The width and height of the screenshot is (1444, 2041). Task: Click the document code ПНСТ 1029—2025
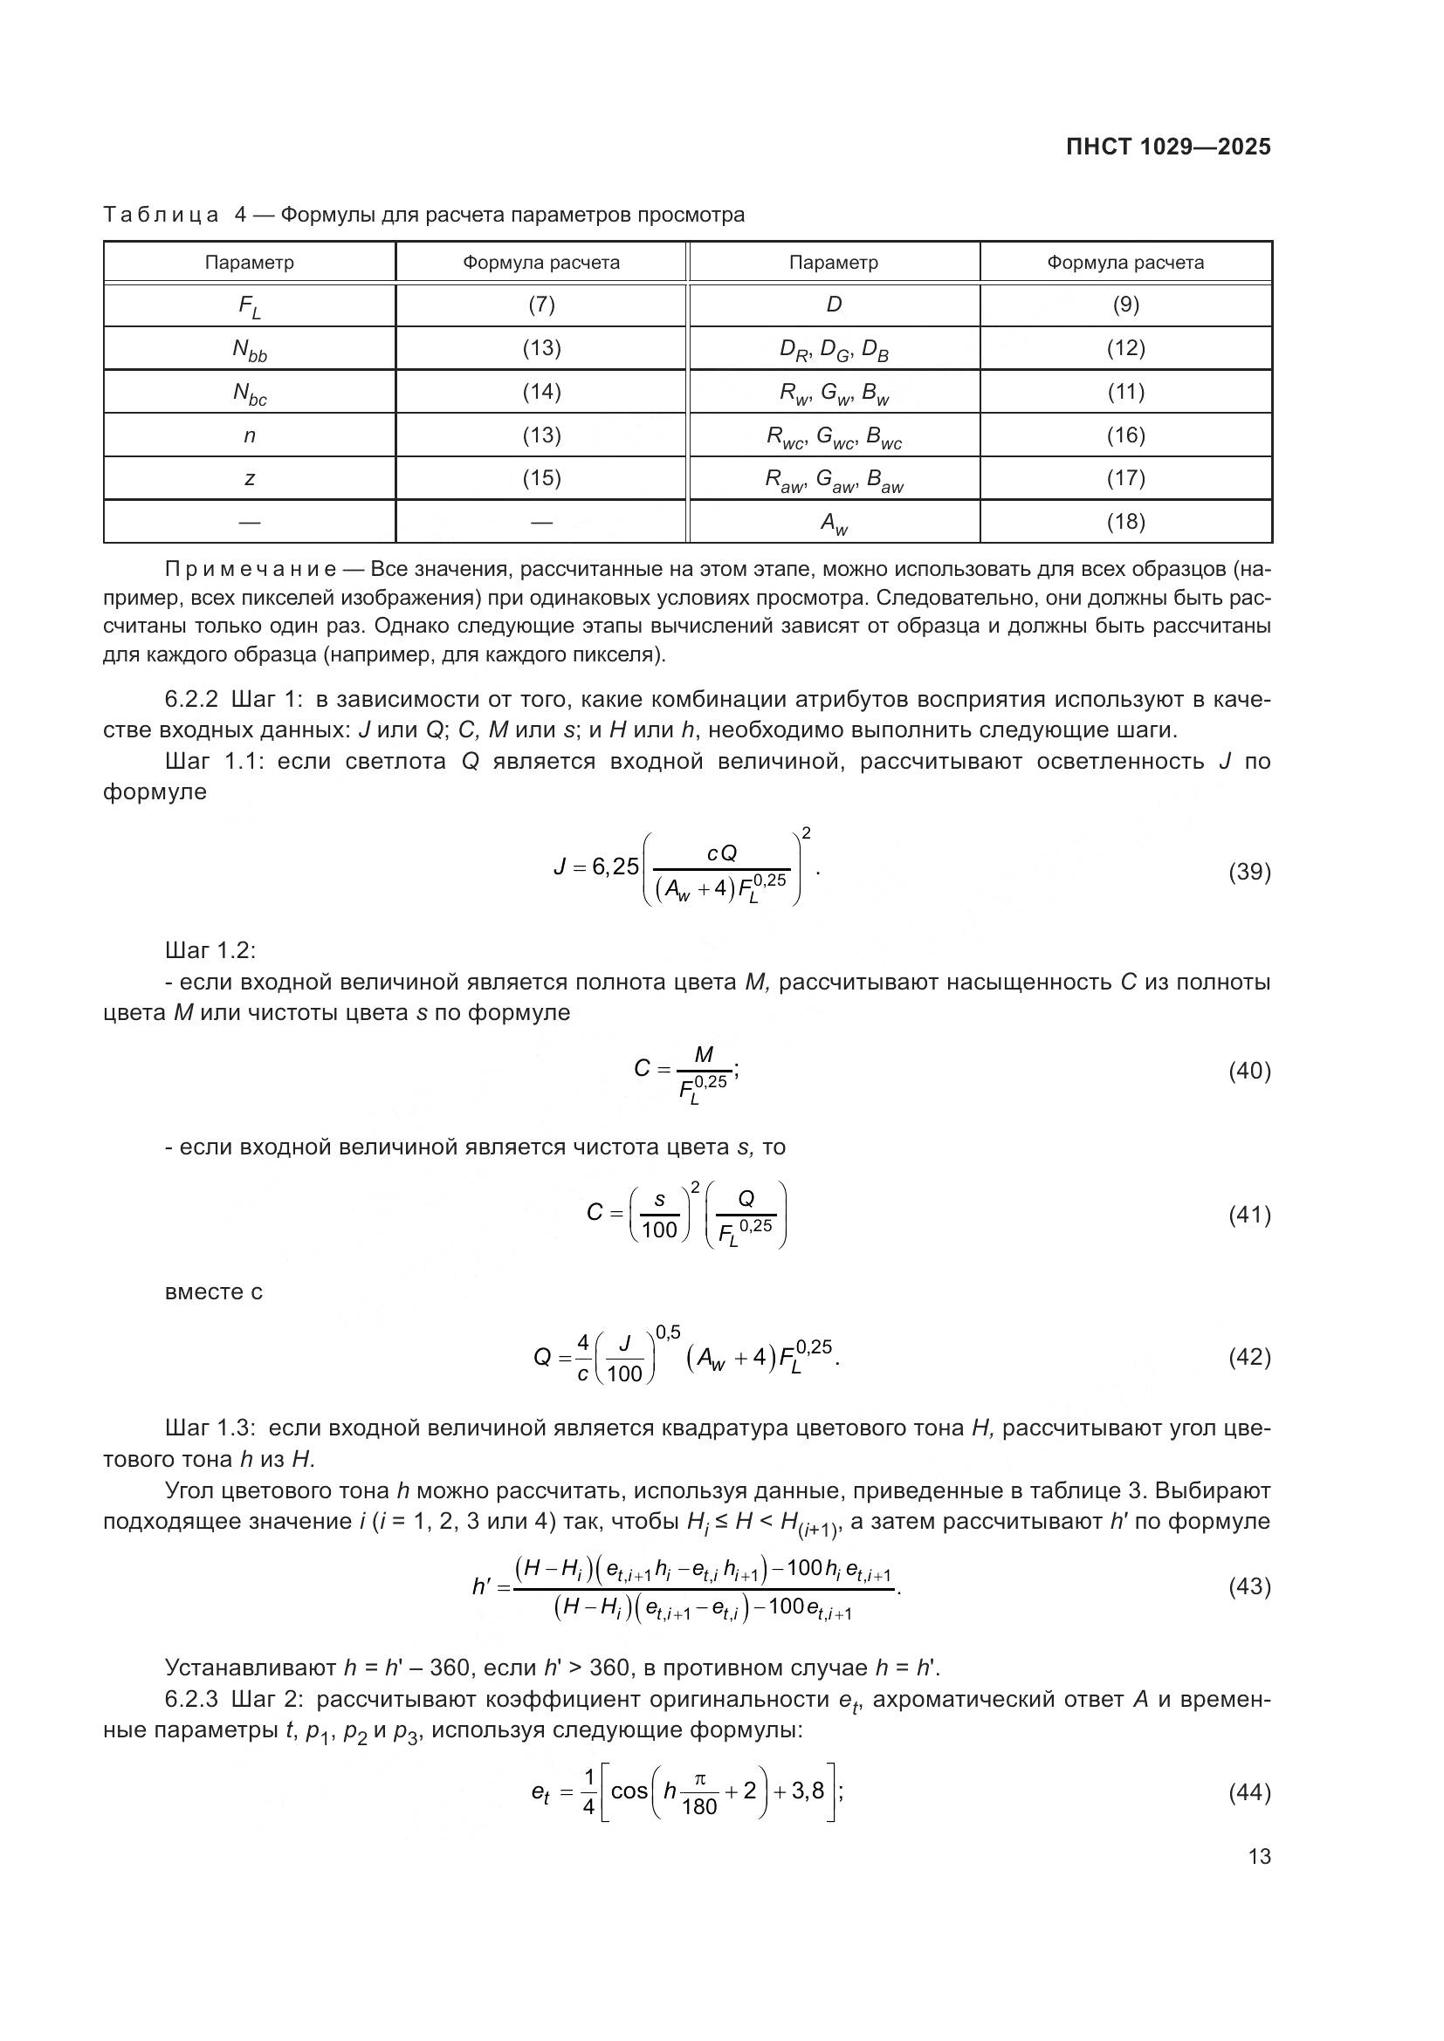pyautogui.click(x=1167, y=147)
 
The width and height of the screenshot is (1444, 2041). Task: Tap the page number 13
pyautogui.click(x=1259, y=1856)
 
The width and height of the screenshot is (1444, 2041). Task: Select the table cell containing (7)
pyautogui.click(x=540, y=305)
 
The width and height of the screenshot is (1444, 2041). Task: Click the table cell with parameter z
pyautogui.click(x=250, y=478)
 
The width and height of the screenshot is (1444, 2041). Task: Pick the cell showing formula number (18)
pyautogui.click(x=1124, y=522)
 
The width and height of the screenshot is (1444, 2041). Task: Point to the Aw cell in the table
pyautogui.click(x=834, y=523)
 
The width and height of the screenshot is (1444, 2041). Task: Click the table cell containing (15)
pyautogui.click(x=540, y=478)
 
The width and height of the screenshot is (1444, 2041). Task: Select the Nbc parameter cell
pyautogui.click(x=250, y=392)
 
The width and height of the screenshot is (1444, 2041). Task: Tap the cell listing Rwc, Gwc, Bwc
pyautogui.click(x=834, y=435)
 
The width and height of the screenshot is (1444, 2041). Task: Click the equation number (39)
pyautogui.click(x=1249, y=872)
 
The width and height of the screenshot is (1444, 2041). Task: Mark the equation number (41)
pyautogui.click(x=1249, y=1216)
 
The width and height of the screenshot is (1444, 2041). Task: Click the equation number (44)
pyautogui.click(x=1249, y=1792)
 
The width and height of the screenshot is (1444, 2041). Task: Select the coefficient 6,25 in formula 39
pyautogui.click(x=615, y=866)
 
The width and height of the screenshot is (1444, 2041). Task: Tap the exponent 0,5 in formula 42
pyautogui.click(x=668, y=1332)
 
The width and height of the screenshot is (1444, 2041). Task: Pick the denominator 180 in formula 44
pyautogui.click(x=699, y=1806)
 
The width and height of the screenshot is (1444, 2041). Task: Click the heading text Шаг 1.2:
pyautogui.click(x=210, y=950)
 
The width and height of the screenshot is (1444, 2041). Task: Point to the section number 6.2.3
pyautogui.click(x=191, y=1700)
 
